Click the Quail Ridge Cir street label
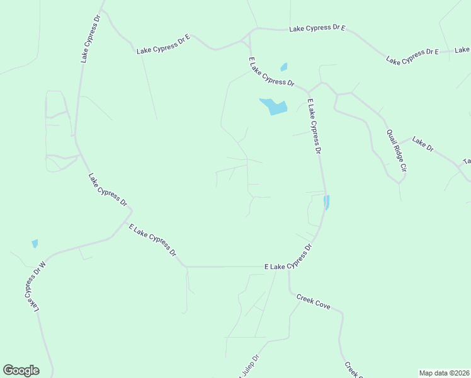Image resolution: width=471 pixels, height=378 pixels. click(x=394, y=151)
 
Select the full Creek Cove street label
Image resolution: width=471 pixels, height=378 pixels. click(x=314, y=304)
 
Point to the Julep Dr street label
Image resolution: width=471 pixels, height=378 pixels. click(x=250, y=366)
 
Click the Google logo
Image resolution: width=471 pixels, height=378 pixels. click(x=21, y=370)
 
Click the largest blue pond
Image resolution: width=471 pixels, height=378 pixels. click(x=273, y=106)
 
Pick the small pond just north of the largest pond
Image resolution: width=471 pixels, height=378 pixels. click(x=283, y=67)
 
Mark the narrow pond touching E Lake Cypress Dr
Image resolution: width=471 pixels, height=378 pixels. click(x=326, y=202)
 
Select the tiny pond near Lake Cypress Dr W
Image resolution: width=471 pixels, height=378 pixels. click(x=35, y=243)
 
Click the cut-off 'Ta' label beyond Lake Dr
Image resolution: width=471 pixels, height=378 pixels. click(x=467, y=161)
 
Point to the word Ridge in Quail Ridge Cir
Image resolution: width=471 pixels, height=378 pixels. click(x=395, y=152)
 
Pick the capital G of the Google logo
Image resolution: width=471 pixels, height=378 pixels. click(x=9, y=370)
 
